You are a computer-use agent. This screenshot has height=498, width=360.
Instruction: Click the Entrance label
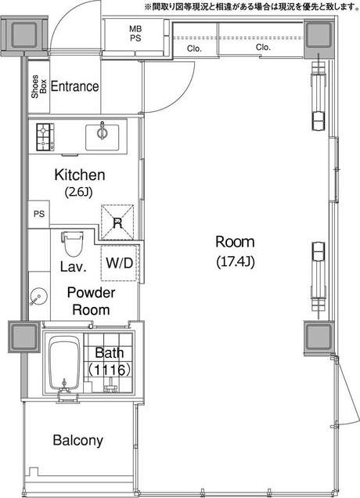74,86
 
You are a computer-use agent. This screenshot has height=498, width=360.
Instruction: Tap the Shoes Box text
38,86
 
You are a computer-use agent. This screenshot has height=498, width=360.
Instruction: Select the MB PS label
135,34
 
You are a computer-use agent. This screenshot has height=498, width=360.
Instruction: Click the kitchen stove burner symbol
45,137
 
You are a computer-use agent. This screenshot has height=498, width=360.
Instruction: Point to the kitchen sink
103,137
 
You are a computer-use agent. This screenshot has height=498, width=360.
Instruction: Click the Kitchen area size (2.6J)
78,192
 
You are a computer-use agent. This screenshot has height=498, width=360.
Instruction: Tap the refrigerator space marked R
117,222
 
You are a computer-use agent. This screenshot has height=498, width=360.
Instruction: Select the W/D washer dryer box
120,263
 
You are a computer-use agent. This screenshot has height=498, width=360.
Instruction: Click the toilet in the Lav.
73,244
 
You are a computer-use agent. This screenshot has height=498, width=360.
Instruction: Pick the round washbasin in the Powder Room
38,296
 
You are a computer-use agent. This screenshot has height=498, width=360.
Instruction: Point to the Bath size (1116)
109,370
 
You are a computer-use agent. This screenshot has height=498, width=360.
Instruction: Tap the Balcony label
77,441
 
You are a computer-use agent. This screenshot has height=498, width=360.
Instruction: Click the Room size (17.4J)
236,262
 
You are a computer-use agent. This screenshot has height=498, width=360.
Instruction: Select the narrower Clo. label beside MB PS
194,49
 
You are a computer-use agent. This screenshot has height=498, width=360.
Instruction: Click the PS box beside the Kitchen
39,214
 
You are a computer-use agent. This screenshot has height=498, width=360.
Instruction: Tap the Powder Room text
91,301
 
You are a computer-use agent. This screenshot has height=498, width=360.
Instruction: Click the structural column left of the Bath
24,337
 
